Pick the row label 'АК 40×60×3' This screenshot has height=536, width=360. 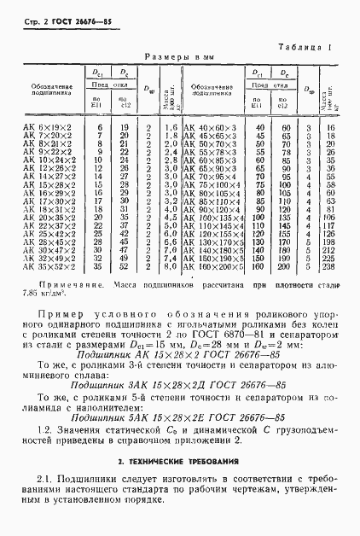click(209, 127)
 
